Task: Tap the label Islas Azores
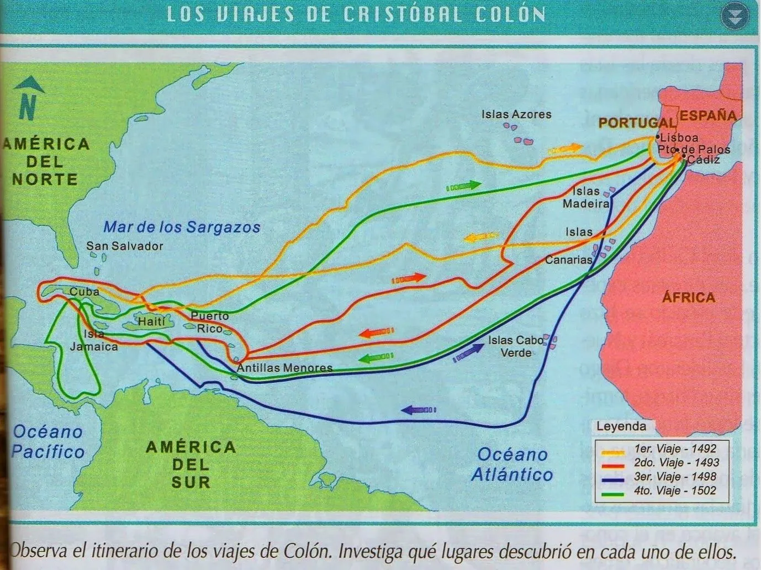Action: (x=516, y=114)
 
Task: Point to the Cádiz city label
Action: (x=704, y=160)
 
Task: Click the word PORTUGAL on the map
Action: (x=637, y=123)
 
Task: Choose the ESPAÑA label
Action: (x=708, y=115)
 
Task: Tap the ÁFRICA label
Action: (x=688, y=297)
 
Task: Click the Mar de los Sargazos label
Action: (x=182, y=227)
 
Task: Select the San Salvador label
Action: (x=124, y=246)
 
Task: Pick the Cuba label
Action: (x=84, y=292)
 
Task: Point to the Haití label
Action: (x=151, y=321)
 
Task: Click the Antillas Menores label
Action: (x=284, y=367)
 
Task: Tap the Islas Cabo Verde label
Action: (x=515, y=346)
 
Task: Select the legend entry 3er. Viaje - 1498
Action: (x=675, y=476)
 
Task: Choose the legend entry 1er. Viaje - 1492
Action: (x=675, y=448)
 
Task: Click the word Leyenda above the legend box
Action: (x=621, y=426)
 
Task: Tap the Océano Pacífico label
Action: (x=47, y=441)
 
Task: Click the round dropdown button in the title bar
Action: (x=734, y=17)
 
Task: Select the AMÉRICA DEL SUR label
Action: (x=191, y=464)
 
